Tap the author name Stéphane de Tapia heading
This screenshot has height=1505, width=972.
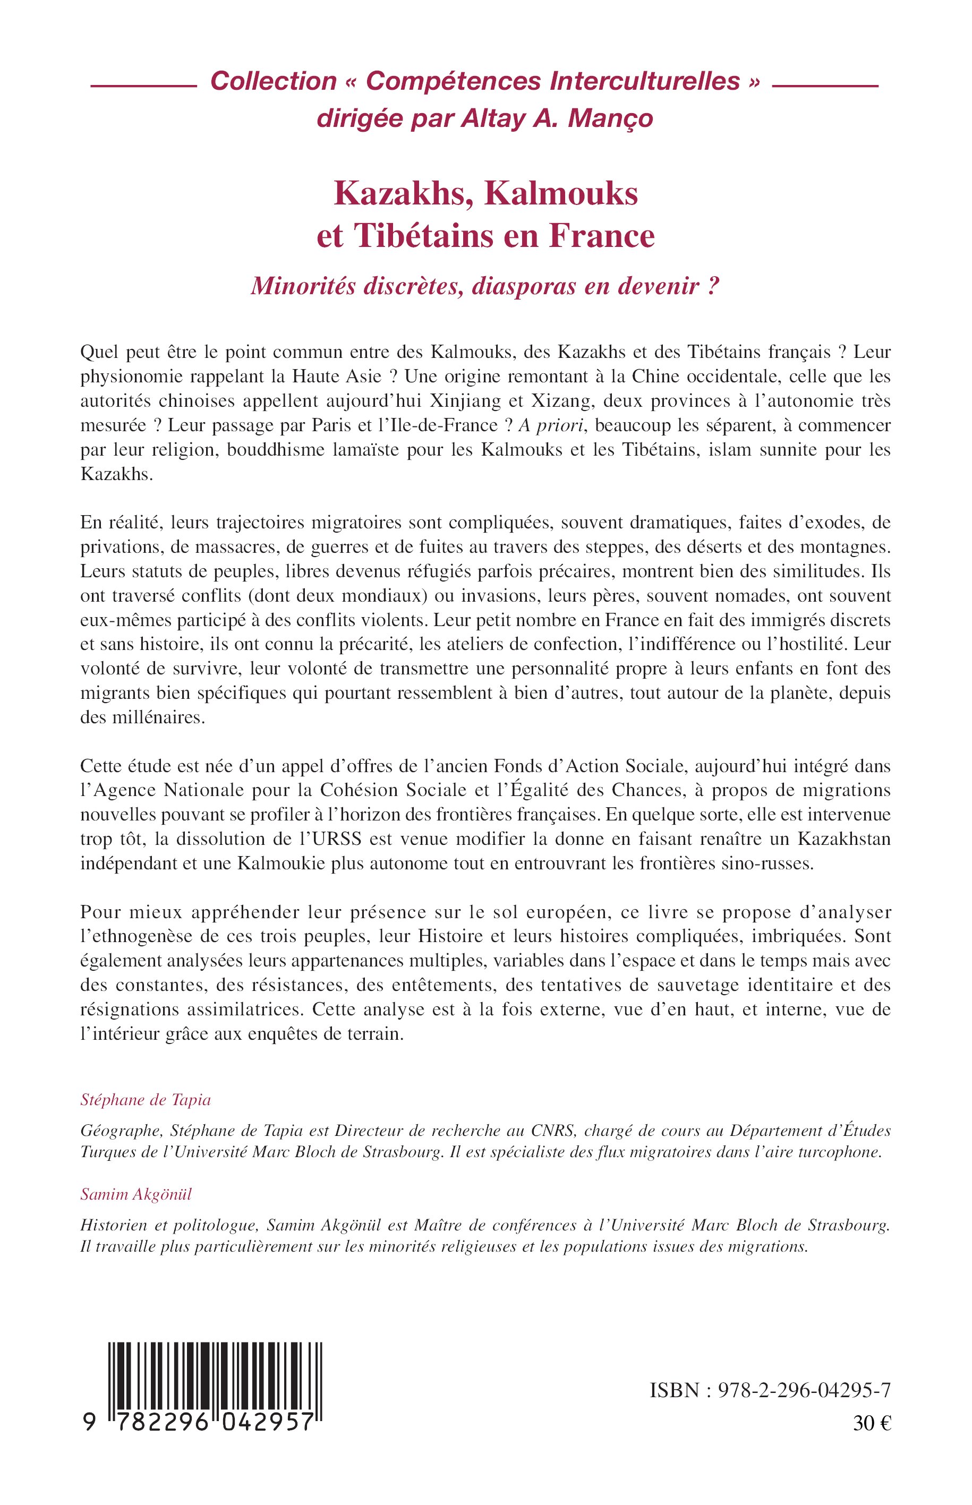click(146, 1100)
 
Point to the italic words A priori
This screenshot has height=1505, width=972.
click(553, 425)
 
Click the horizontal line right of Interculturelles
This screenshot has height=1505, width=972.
click(825, 85)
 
